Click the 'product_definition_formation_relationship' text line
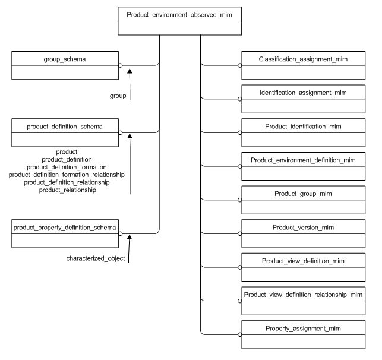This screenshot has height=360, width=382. (67, 175)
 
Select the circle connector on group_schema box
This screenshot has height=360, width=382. (120, 65)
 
